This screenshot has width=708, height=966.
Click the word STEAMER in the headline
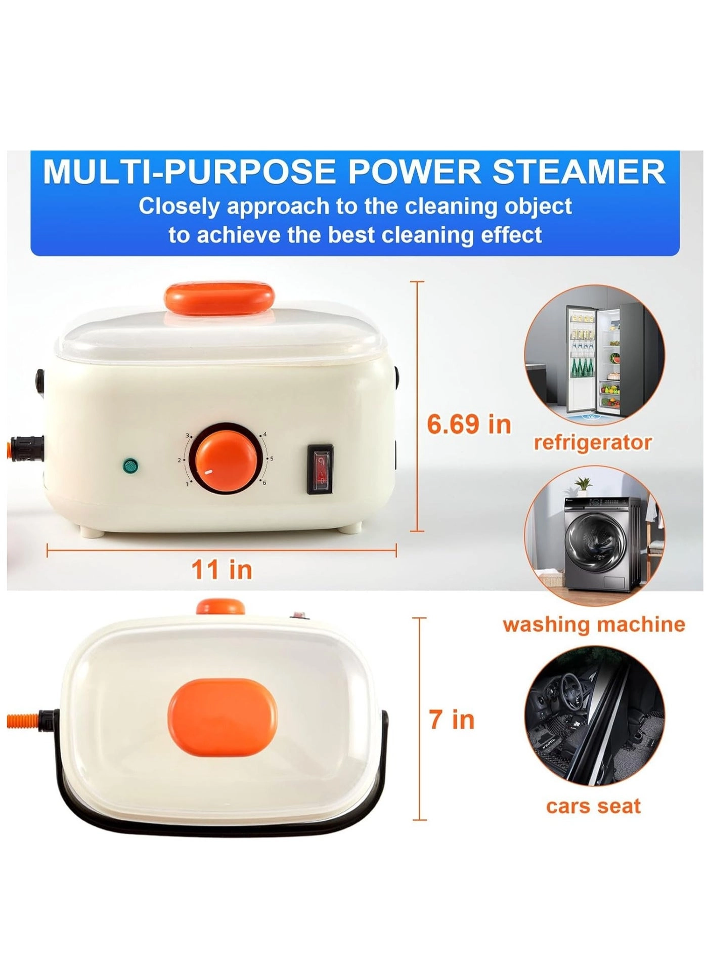[579, 172]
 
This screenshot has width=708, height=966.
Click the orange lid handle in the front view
[220, 298]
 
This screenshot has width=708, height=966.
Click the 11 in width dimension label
[222, 570]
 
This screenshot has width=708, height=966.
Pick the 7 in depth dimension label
[452, 720]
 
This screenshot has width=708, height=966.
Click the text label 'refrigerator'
[593, 443]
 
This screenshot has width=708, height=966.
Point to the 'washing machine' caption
[594, 625]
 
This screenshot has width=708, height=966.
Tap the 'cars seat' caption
[593, 806]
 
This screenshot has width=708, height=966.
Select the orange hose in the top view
[23, 720]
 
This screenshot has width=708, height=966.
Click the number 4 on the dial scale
[264, 435]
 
